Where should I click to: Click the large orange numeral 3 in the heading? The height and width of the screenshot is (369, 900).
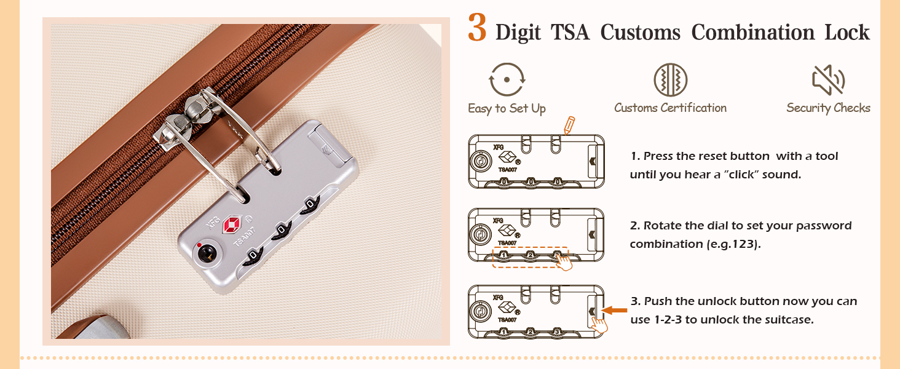[x=478, y=28]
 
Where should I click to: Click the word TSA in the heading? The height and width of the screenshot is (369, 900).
[x=566, y=32]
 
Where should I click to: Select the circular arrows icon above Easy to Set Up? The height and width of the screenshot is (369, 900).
[x=507, y=80]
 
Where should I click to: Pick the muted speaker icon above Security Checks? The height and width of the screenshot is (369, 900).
[x=828, y=80]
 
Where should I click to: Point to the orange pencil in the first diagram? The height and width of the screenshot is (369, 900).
[x=569, y=125]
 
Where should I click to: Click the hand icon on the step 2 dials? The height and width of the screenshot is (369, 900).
[x=562, y=261]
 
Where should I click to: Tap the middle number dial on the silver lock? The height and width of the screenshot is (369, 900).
[x=282, y=229]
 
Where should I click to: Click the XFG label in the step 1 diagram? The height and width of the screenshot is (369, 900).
[x=498, y=148]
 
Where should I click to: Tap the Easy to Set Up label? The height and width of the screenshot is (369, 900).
[x=507, y=109]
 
